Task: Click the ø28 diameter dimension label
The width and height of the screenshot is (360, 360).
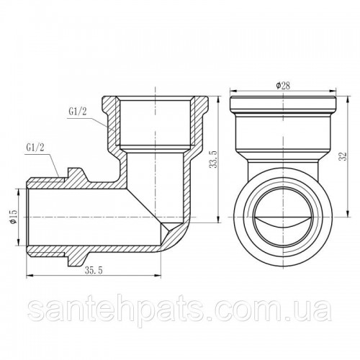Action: click(283, 86)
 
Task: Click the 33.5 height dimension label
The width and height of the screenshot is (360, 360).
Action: click(213, 159)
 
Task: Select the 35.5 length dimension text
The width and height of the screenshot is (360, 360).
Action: click(94, 271)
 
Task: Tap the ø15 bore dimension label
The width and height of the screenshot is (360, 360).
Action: click(14, 217)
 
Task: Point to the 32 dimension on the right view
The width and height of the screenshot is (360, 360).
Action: click(343, 156)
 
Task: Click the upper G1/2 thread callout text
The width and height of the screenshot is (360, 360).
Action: click(77, 111)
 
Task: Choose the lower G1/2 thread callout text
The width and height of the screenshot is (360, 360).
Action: click(35, 148)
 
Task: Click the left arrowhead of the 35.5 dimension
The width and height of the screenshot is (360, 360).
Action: click(29, 276)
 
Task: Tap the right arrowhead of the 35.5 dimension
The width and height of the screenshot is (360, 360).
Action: click(158, 276)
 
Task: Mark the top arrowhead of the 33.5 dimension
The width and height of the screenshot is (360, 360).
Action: click(218, 99)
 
